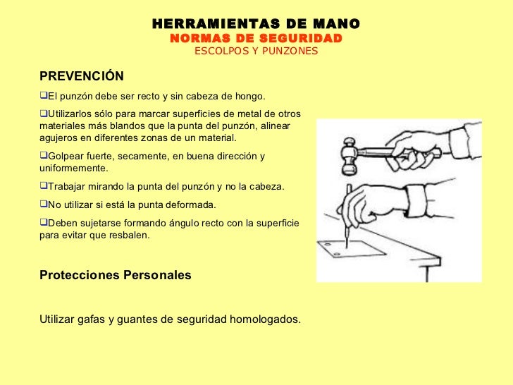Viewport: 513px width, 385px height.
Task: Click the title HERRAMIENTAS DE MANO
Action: click(x=256, y=24)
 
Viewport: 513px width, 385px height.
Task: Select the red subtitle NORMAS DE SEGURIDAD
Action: click(x=256, y=38)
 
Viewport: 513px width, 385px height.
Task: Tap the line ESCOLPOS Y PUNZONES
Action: click(x=256, y=51)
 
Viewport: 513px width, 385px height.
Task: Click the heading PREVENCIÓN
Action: click(x=82, y=76)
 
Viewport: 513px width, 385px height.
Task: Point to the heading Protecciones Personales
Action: click(x=116, y=275)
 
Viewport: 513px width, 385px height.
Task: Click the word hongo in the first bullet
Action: click(x=251, y=96)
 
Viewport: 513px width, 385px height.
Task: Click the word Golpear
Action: click(x=65, y=156)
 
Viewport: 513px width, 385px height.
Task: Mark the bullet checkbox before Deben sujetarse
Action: click(x=43, y=223)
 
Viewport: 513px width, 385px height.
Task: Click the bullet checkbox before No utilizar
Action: click(x=43, y=204)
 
